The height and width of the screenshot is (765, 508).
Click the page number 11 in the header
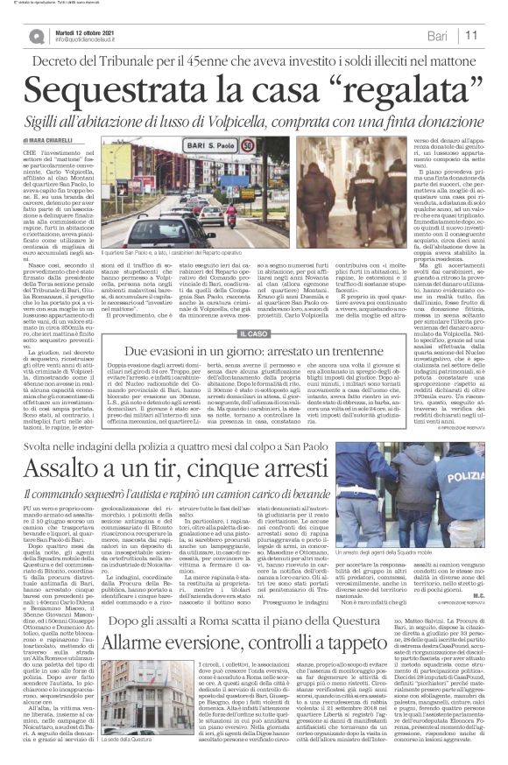493,34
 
